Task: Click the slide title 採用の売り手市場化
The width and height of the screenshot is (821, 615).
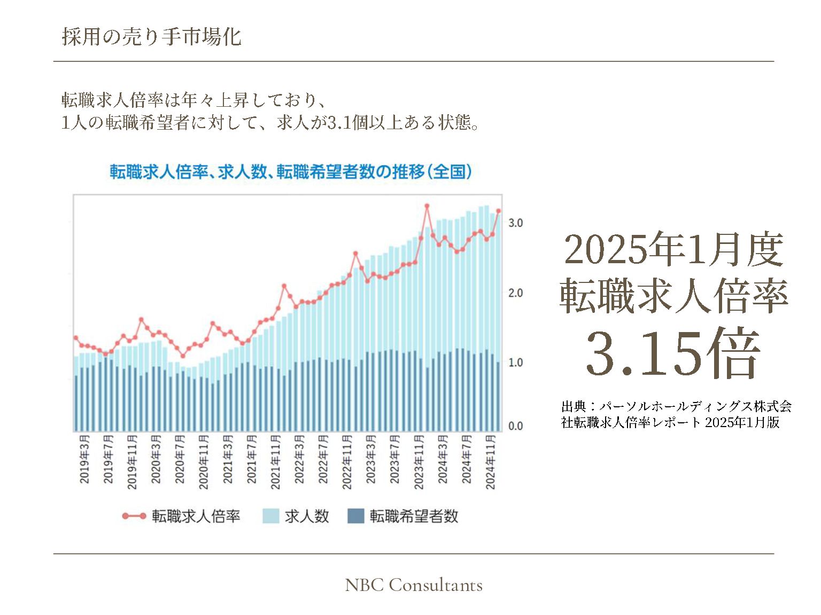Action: [x=151, y=37]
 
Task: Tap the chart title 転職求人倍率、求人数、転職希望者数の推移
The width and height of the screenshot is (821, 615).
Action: [x=291, y=172]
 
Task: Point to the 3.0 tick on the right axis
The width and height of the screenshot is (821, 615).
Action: [x=515, y=223]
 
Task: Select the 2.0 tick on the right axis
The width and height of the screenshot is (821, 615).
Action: [x=515, y=293]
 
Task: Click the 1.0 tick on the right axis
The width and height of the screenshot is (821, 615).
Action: [x=515, y=362]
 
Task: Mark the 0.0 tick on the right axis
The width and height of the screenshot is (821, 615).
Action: [x=515, y=426]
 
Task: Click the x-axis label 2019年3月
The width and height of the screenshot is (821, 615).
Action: [x=84, y=459]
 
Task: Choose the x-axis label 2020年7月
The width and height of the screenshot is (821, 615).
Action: [x=180, y=459]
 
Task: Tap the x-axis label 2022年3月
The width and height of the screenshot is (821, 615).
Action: [x=299, y=459]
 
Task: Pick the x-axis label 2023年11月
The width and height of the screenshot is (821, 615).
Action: [x=419, y=462]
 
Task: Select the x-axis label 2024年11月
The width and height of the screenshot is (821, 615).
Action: [x=490, y=462]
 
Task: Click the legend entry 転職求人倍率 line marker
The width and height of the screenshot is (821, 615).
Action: [x=134, y=516]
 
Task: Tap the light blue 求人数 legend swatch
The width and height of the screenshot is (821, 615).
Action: [x=271, y=516]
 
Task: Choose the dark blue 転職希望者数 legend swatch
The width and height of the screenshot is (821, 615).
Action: [x=355, y=516]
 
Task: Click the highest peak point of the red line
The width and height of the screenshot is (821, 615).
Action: [x=427, y=206]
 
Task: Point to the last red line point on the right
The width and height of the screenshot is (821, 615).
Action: [x=499, y=211]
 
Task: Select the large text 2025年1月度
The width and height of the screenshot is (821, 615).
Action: [x=673, y=249]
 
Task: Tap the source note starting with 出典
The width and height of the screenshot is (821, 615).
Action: [x=676, y=414]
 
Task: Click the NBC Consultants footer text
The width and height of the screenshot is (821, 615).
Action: [x=414, y=585]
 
